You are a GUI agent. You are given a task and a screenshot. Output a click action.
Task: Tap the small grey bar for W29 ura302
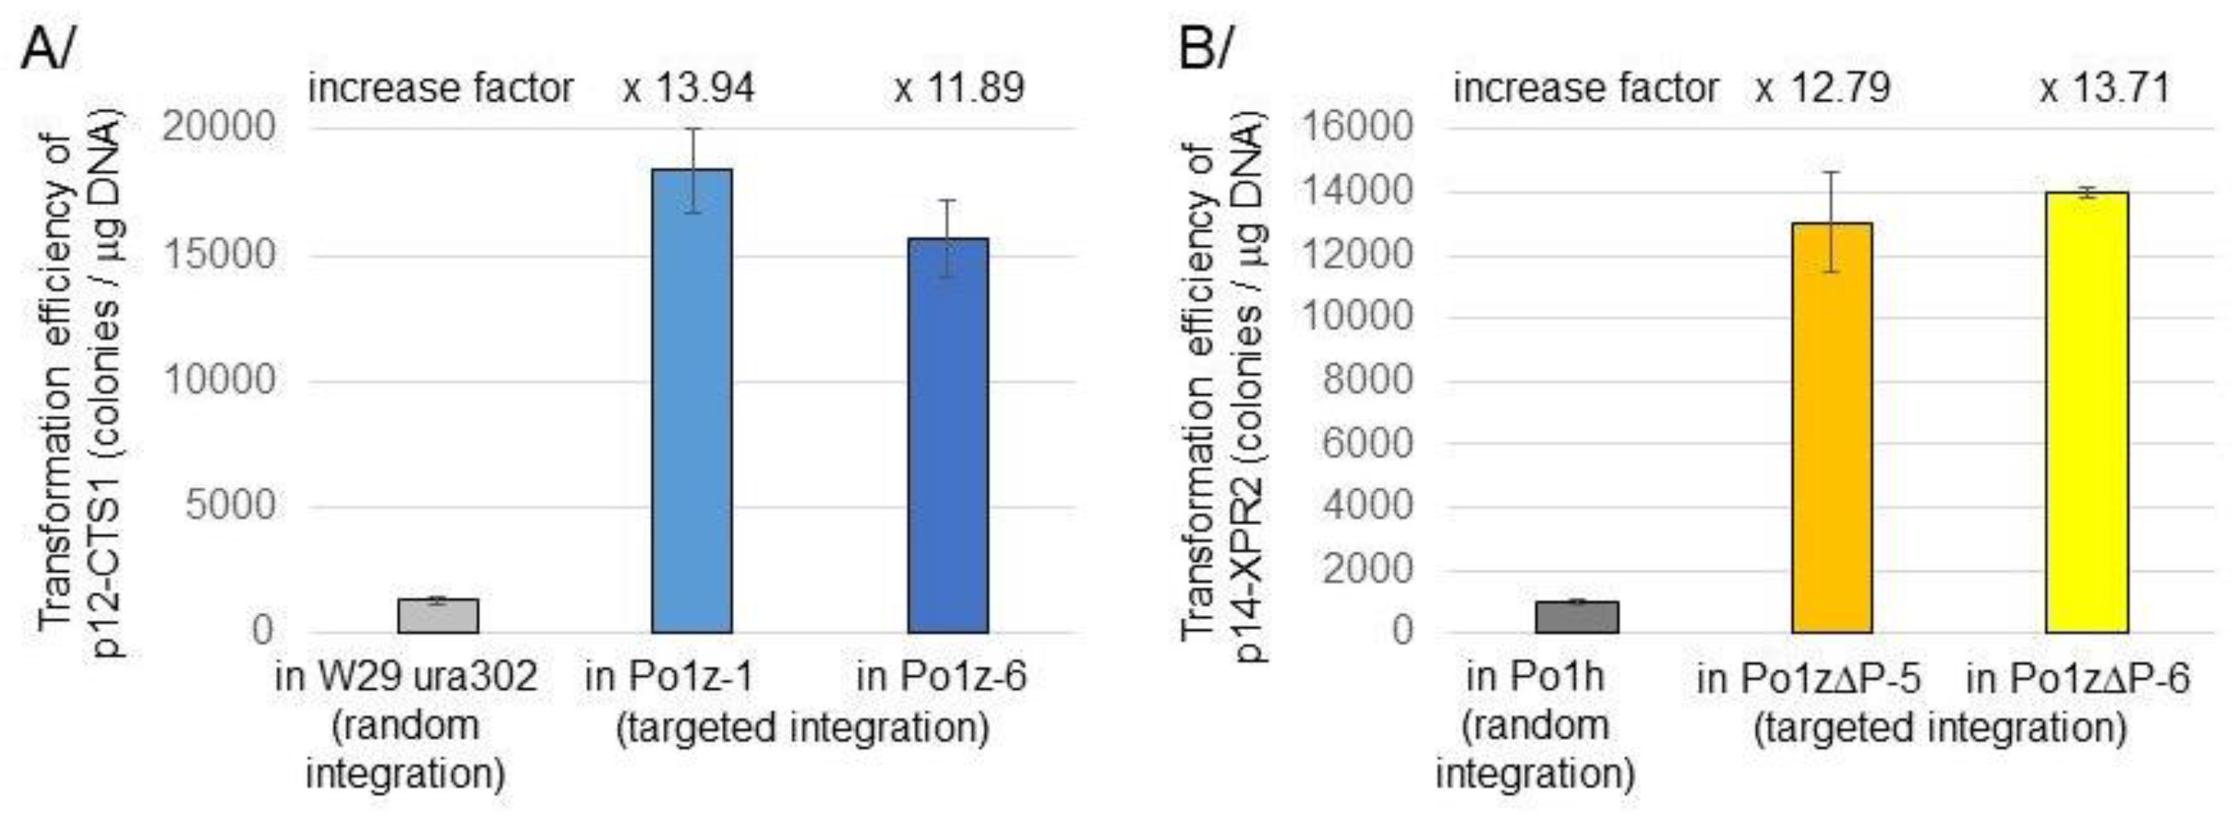(x=438, y=616)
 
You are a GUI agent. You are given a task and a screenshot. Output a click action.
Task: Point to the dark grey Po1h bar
(x=1577, y=617)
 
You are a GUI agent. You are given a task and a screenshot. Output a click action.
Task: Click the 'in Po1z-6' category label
(x=941, y=677)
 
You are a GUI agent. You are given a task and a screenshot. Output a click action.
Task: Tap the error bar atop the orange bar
(x=1831, y=221)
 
